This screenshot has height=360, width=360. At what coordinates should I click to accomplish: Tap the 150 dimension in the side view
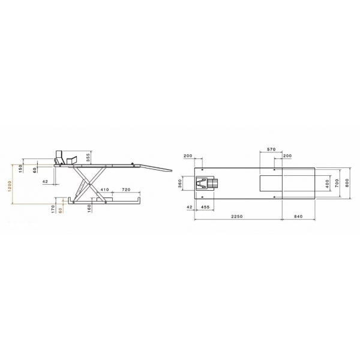(21, 169)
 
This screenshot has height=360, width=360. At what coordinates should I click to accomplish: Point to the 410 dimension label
(104, 190)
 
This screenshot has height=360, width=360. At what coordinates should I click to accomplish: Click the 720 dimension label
(126, 190)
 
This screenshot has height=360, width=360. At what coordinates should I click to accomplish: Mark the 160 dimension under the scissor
(89, 209)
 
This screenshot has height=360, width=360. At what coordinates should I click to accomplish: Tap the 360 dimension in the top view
(181, 182)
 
